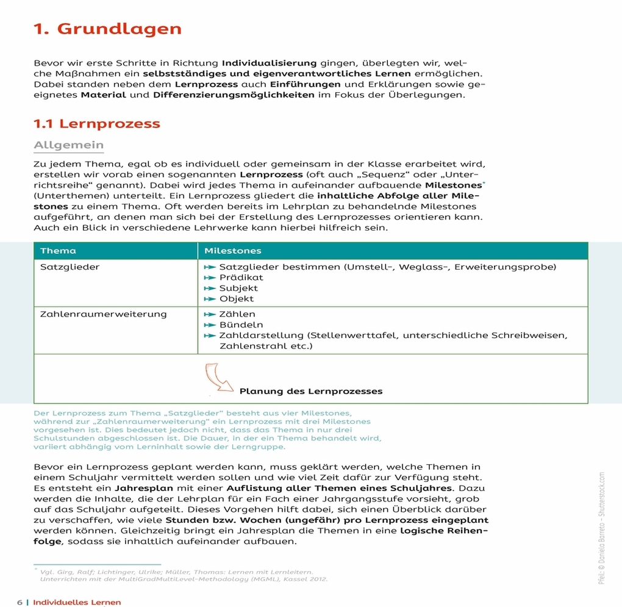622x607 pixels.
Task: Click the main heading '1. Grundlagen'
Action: pyautogui.click(x=107, y=29)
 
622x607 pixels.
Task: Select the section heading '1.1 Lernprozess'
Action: pyautogui.click(x=96, y=124)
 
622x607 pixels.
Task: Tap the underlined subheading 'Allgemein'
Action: pyautogui.click(x=68, y=145)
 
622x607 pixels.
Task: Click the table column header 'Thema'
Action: pyautogui.click(x=58, y=251)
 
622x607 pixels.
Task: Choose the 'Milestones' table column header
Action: pyautogui.click(x=232, y=251)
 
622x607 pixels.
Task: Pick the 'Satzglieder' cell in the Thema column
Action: pyautogui.click(x=70, y=267)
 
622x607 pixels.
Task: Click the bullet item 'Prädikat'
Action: pyautogui.click(x=241, y=278)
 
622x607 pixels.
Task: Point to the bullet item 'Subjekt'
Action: pyautogui.click(x=238, y=288)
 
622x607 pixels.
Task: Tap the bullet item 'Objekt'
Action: pyautogui.click(x=237, y=299)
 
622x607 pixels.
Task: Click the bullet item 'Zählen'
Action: pyautogui.click(x=237, y=314)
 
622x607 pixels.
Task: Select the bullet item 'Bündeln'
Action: pyautogui.click(x=241, y=325)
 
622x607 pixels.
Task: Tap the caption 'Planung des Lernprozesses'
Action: pyautogui.click(x=311, y=391)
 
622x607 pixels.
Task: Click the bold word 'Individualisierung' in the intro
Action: pyautogui.click(x=269, y=63)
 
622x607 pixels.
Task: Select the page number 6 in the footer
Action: pyautogui.click(x=20, y=602)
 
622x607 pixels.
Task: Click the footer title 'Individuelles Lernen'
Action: pyautogui.click(x=77, y=602)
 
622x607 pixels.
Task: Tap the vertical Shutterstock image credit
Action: pyautogui.click(x=601, y=528)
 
